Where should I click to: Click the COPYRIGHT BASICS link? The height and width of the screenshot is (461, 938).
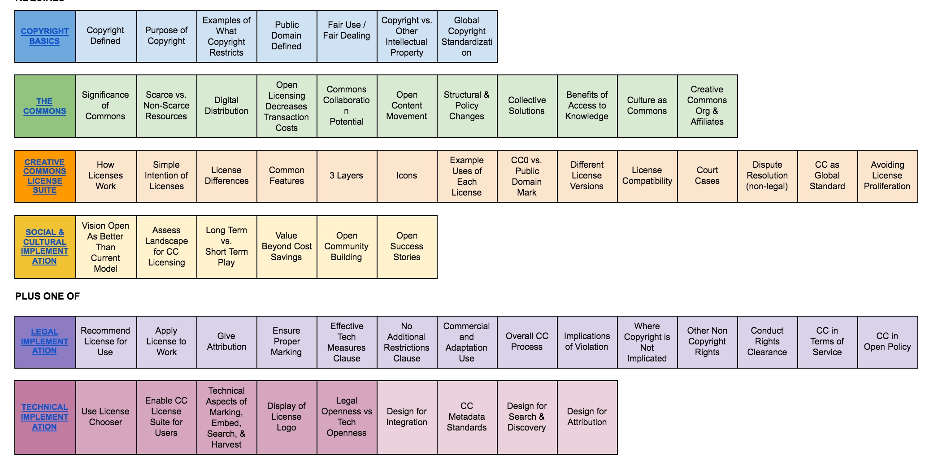45,36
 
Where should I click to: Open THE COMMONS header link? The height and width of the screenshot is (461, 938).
45,106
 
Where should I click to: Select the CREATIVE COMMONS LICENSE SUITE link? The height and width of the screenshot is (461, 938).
45,176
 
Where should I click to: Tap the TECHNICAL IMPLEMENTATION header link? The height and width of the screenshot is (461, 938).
45,417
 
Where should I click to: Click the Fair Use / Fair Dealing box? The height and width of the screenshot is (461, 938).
347,30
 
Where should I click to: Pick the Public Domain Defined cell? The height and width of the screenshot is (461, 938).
287,36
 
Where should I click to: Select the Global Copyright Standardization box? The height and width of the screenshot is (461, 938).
467,36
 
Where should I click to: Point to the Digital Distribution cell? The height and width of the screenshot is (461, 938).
226,106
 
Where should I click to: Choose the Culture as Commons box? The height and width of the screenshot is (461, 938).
647,106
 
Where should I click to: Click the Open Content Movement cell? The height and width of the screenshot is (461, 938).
407,106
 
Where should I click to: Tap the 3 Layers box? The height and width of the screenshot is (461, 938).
347,176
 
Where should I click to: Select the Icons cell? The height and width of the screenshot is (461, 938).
407,176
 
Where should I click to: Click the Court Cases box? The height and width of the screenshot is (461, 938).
707,176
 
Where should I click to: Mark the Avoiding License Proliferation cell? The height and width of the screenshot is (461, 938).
887,176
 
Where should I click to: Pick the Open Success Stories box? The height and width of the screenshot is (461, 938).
407,247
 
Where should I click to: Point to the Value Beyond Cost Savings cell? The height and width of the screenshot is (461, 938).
287,247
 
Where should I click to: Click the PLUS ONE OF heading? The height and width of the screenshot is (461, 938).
48,296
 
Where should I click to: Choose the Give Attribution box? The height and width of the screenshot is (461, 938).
226,342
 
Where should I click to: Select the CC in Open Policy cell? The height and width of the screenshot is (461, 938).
887,342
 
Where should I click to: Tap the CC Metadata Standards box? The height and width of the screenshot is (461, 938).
467,417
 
